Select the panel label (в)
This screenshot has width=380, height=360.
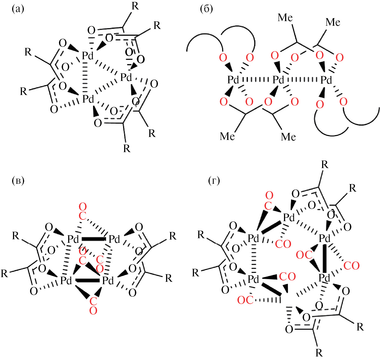pyautogui.click(x=18, y=180)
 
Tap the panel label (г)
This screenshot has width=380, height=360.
pyautogui.click(x=214, y=180)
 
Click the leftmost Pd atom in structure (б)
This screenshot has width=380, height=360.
pyautogui.click(x=233, y=80)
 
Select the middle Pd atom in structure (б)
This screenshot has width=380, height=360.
pyautogui.click(x=278, y=80)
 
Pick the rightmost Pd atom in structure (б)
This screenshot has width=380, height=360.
pyautogui.click(x=326, y=80)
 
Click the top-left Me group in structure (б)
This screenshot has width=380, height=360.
pyautogui.click(x=285, y=18)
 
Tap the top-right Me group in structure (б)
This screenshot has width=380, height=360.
pyautogui.click(x=333, y=22)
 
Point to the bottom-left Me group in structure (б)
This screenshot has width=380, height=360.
pyautogui.click(x=227, y=136)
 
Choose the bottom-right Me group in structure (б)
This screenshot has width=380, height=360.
pyautogui.click(x=288, y=137)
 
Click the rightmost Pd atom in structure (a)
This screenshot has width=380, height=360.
pyautogui.click(x=126, y=77)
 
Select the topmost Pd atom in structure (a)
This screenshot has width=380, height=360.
pyautogui.click(x=88, y=56)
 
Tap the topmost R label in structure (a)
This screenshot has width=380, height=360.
pyautogui.click(x=135, y=6)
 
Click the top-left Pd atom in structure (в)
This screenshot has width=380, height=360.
pyautogui.click(x=73, y=239)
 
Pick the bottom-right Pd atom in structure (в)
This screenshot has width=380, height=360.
pyautogui.click(x=108, y=281)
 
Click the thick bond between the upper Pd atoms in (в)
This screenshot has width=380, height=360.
pyautogui.click(x=93, y=239)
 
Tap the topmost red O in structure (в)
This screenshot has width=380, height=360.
pyautogui.click(x=82, y=207)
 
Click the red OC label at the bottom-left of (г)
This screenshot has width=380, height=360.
pyautogui.click(x=245, y=300)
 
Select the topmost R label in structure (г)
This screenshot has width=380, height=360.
pyautogui.click(x=325, y=164)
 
